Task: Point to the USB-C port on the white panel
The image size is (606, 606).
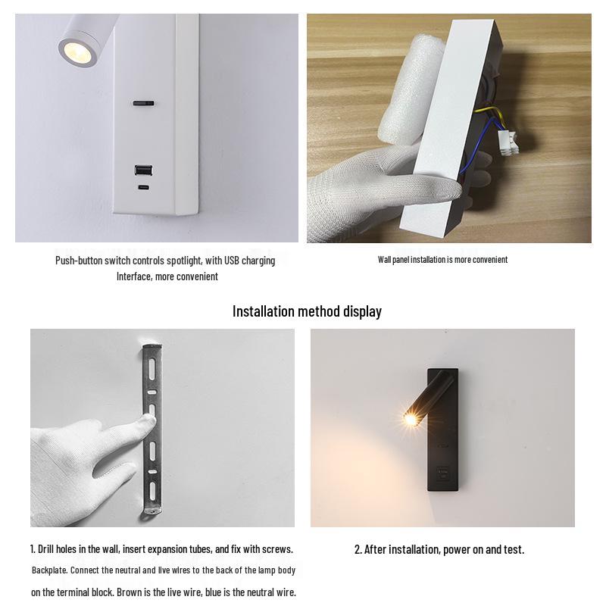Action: click(142, 186)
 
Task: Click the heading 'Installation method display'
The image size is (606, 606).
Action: click(307, 311)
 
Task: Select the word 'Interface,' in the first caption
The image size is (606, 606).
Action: click(135, 276)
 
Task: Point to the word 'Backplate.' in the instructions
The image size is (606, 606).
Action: click(51, 570)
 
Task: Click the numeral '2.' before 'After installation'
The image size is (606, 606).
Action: click(358, 549)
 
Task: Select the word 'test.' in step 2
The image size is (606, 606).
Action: click(513, 549)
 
